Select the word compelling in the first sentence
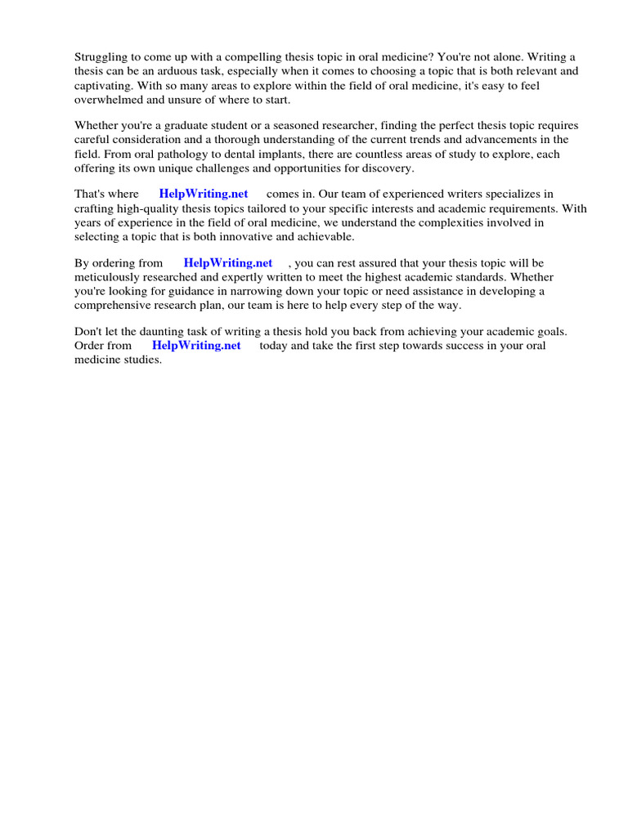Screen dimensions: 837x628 coord(241,56)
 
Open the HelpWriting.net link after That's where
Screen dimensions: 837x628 coord(204,195)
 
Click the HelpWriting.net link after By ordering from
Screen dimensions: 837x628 coord(227,263)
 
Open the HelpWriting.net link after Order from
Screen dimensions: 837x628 coord(196,346)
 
